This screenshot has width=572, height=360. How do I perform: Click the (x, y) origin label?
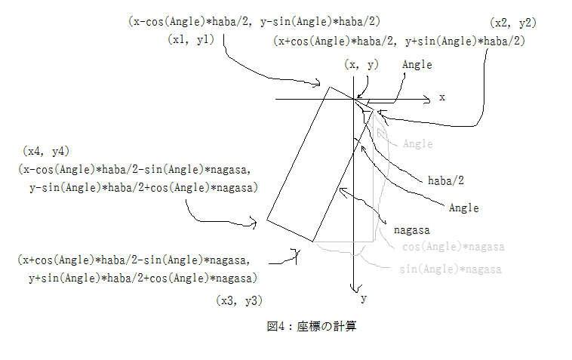point(361,65)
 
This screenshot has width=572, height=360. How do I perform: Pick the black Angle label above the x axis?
point(417,65)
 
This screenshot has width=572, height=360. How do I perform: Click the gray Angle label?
point(418,143)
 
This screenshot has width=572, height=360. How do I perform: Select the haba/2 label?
point(445,180)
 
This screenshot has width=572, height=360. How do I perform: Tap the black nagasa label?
point(411,226)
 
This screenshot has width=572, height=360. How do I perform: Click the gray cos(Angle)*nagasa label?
point(453,247)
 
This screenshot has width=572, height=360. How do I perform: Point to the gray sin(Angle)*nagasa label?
point(451,269)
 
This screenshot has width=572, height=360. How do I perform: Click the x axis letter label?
point(442,97)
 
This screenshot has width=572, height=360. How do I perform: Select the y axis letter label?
point(364,298)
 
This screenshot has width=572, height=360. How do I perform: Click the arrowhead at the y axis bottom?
point(352,288)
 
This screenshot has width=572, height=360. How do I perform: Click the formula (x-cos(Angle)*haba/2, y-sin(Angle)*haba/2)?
point(254,22)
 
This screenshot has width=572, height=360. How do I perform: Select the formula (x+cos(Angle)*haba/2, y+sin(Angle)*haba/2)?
point(399,42)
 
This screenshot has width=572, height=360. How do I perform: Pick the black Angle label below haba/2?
point(464,207)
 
